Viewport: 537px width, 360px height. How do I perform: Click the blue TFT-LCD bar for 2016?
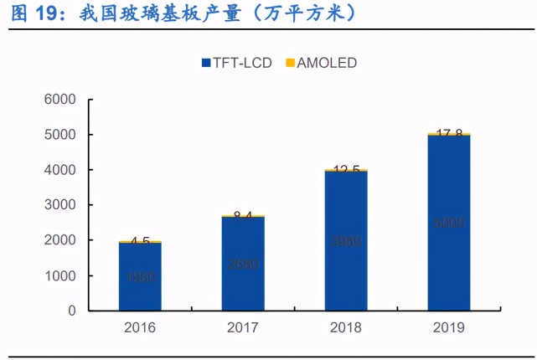click(140, 276)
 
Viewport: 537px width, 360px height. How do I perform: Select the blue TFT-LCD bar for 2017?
click(243, 264)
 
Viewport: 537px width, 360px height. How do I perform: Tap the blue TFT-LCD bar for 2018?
click(345, 241)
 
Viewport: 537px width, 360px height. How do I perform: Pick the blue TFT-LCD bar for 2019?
click(448, 223)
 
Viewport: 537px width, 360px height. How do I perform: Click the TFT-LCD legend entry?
click(236, 63)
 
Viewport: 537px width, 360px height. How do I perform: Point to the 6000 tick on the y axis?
click(59, 100)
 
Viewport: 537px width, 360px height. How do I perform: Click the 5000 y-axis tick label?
click(59, 135)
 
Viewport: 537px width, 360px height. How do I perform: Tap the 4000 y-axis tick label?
click(59, 170)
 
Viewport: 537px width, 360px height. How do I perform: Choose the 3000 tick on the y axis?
click(59, 205)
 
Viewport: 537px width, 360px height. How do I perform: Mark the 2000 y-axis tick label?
click(59, 240)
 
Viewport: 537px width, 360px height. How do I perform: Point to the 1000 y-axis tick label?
click(59, 275)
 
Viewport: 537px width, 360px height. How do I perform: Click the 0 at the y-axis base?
click(72, 311)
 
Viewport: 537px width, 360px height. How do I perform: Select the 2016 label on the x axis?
click(140, 328)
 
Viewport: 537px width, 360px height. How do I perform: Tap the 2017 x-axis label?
click(243, 328)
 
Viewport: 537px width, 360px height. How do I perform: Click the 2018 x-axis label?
click(345, 328)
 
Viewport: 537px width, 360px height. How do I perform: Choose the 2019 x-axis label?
click(448, 328)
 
